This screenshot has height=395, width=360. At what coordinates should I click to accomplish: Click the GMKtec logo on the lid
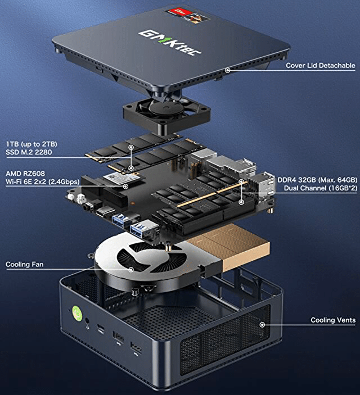170,42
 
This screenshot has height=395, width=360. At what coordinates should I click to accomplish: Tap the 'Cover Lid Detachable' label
321,66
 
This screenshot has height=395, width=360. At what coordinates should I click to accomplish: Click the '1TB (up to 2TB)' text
31,144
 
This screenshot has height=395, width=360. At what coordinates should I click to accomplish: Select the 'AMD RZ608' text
25,173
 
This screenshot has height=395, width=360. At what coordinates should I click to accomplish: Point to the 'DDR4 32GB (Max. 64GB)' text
317,180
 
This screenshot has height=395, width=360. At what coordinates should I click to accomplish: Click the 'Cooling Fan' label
25,264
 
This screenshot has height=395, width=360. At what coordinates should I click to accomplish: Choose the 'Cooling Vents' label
333,320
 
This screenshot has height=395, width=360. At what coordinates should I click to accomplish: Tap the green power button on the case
77,312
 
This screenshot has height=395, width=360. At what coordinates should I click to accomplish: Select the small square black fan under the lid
166,114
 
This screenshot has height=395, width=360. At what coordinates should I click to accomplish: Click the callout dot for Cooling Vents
262,325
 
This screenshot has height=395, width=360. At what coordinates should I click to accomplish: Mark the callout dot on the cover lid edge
228,70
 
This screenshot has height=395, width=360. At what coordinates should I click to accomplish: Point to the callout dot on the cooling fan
131,269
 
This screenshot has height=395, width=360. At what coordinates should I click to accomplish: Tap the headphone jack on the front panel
88,321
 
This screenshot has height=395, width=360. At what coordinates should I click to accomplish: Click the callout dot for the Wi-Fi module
125,187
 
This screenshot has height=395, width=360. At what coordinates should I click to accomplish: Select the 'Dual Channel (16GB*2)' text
321,188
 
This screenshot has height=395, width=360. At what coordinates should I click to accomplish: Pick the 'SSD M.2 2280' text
29,152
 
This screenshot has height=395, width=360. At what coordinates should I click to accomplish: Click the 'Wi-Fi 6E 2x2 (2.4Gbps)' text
42,181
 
